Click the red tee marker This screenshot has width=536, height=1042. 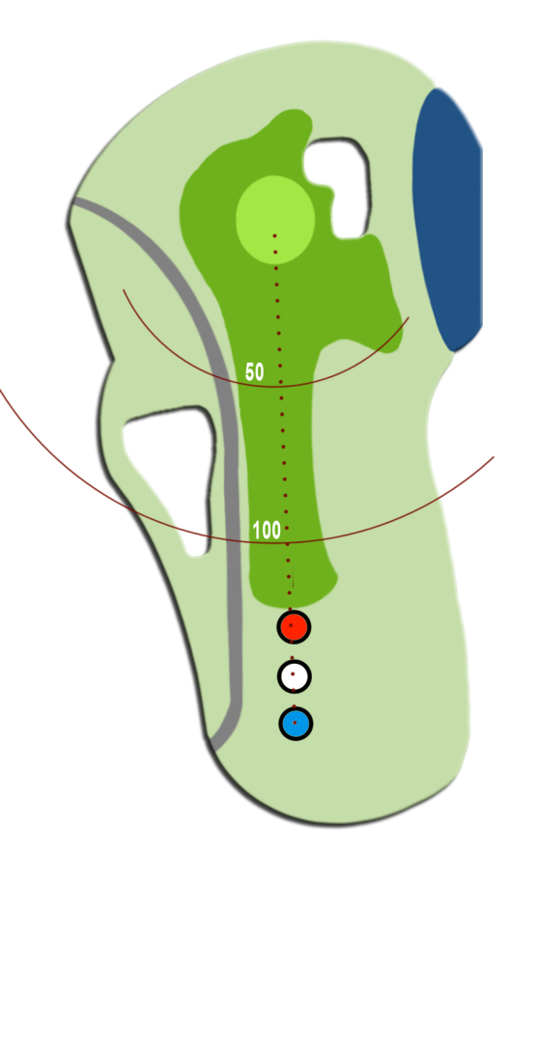tap(294, 627)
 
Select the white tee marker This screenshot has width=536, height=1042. tap(295, 676)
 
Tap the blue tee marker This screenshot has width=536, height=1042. tap(296, 723)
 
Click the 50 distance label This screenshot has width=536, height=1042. tap(255, 371)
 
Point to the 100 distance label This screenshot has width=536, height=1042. tap(267, 531)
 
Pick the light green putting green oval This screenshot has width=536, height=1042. tap(275, 220)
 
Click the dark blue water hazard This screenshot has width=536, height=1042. tap(447, 220)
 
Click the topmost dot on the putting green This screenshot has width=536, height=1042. tap(274, 236)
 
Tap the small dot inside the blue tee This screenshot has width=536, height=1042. tap(295, 723)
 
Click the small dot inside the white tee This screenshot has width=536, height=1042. tap(293, 673)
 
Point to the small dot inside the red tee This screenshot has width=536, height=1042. tap(291, 625)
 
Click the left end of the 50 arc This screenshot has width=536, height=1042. tap(123, 289)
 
